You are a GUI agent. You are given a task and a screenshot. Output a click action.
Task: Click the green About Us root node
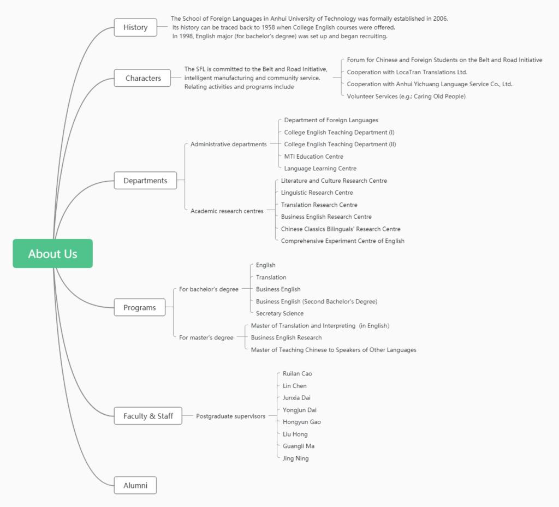point(53,253)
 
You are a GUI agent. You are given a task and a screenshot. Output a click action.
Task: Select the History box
point(135,27)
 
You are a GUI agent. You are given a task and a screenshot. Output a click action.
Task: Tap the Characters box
point(142,78)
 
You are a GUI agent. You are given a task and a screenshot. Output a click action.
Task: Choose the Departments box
point(145,180)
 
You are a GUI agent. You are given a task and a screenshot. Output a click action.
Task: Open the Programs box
point(140,307)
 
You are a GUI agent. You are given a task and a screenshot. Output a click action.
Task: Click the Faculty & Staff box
point(148,416)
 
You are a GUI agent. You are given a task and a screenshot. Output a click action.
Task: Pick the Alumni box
point(135,485)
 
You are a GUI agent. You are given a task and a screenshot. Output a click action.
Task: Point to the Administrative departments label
point(229,144)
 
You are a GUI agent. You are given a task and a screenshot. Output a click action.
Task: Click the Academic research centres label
point(227,211)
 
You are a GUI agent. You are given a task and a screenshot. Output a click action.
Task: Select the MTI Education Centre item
point(314,157)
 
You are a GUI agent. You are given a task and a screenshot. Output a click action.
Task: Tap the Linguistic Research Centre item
point(317,193)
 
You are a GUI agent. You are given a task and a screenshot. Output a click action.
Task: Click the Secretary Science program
point(280,313)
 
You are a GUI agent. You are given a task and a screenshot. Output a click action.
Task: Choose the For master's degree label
point(206,337)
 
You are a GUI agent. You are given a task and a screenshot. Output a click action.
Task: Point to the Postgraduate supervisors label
point(231,416)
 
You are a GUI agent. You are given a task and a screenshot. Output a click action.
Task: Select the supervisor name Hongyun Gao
point(301,422)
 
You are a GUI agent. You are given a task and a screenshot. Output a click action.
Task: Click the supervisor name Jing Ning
point(295,458)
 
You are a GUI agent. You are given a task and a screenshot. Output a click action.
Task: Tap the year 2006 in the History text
point(440,19)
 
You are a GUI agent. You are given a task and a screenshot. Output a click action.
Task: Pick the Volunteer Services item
point(406,96)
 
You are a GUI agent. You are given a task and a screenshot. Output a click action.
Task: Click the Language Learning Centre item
point(320,168)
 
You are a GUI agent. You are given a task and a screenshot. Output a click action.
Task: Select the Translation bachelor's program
point(271,277)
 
